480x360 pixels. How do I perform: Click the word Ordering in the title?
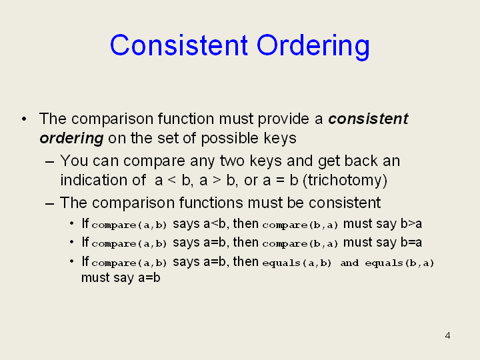pyautogui.click(x=313, y=46)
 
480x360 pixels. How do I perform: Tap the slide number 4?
pyautogui.click(x=447, y=335)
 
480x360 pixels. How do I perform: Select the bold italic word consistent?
pyautogui.click(x=368, y=119)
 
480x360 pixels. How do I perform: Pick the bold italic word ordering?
pyautogui.click(x=71, y=139)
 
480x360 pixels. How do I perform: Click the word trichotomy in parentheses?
pyautogui.click(x=345, y=180)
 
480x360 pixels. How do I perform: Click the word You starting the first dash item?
pyautogui.click(x=74, y=161)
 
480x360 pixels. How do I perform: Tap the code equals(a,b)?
pyautogui.click(x=297, y=263)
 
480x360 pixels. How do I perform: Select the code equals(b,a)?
pyautogui.click(x=399, y=263)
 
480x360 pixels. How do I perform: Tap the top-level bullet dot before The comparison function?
pyautogui.click(x=24, y=119)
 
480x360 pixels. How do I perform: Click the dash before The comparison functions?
pyautogui.click(x=49, y=203)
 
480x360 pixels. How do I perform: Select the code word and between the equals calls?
pyautogui.click(x=349, y=263)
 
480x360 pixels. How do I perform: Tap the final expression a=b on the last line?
pyautogui.click(x=149, y=277)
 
